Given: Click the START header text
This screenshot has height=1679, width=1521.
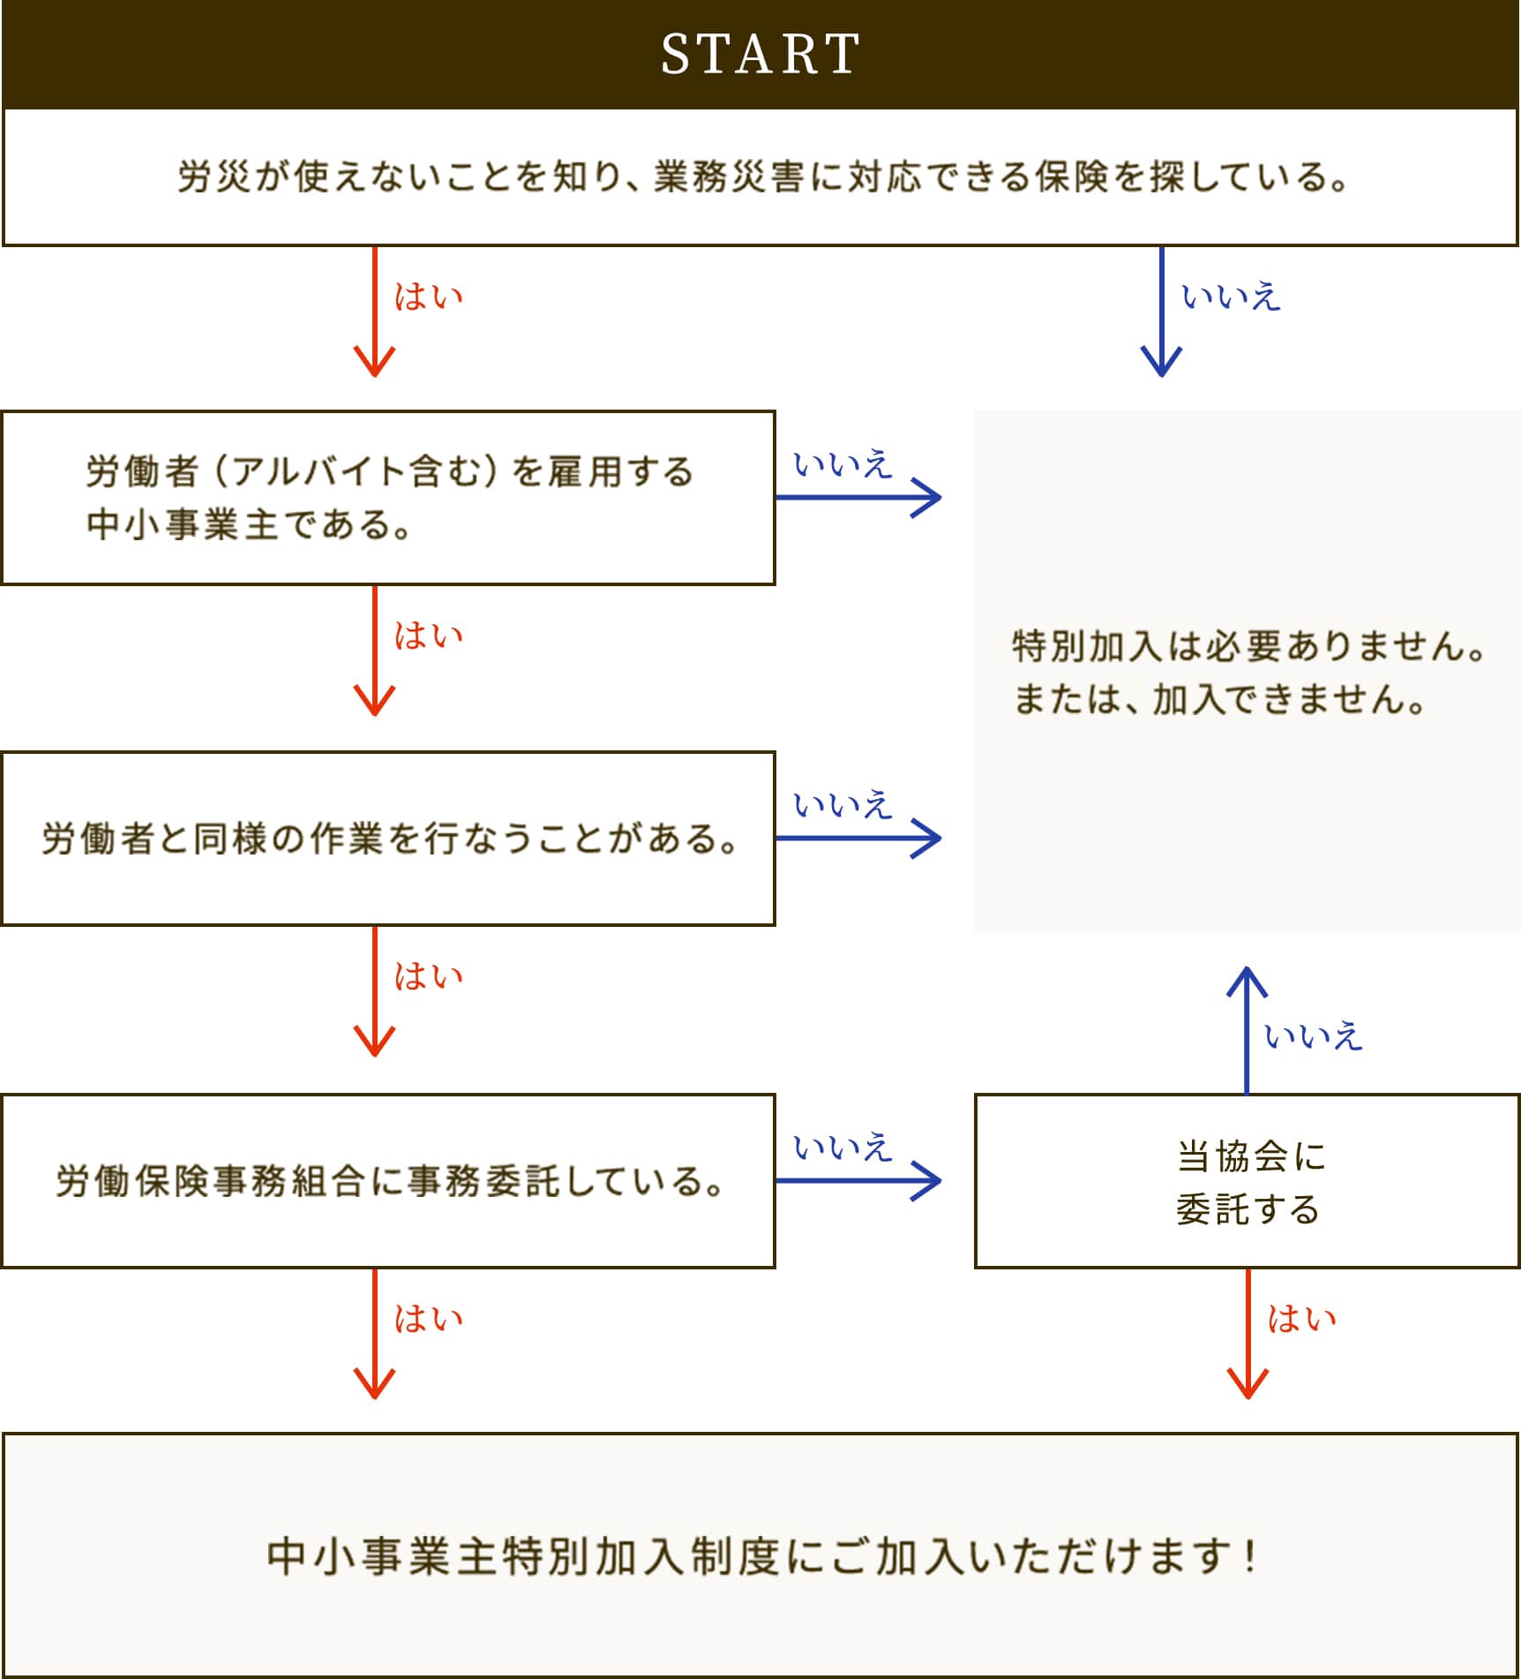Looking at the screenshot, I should click(760, 55).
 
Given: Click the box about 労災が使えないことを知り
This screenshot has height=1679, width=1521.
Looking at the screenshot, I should click(760, 177).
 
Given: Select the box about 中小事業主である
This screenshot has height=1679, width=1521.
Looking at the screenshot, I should click(388, 497).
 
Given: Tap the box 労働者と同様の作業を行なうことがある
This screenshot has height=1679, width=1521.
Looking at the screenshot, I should click(388, 839).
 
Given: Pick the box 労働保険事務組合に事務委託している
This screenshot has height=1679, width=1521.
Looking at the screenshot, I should click(388, 1181).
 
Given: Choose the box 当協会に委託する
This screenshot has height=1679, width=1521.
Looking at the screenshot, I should click(1247, 1181).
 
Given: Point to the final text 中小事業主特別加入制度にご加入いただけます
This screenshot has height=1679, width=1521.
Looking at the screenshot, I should click(760, 1555).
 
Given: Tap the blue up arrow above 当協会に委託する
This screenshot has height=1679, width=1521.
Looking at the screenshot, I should click(1247, 1029).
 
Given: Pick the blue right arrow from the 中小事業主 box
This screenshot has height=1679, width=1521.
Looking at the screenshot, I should click(858, 497).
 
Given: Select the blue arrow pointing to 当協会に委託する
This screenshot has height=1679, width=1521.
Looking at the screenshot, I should click(858, 1181).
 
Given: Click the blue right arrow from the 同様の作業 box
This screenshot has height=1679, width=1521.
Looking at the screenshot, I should click(858, 839).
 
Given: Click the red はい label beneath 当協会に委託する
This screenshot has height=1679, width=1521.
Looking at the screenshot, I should click(1301, 1319).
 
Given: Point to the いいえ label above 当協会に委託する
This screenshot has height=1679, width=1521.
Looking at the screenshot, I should click(1313, 1035).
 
